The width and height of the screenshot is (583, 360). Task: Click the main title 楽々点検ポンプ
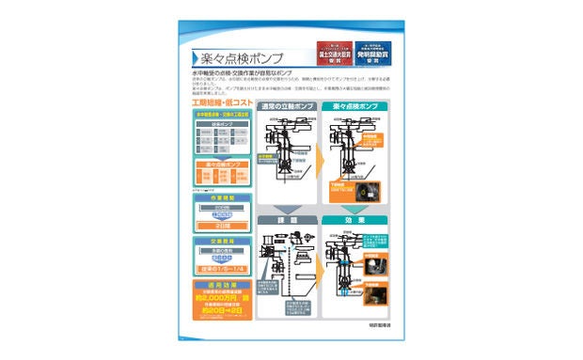tap(242, 56)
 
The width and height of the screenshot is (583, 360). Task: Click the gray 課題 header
tap(287, 220)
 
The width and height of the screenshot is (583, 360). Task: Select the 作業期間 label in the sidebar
tap(221, 198)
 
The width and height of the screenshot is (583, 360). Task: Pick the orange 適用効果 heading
tap(221, 283)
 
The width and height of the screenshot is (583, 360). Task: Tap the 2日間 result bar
tap(221, 227)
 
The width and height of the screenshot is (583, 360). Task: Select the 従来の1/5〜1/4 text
tap(221, 269)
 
